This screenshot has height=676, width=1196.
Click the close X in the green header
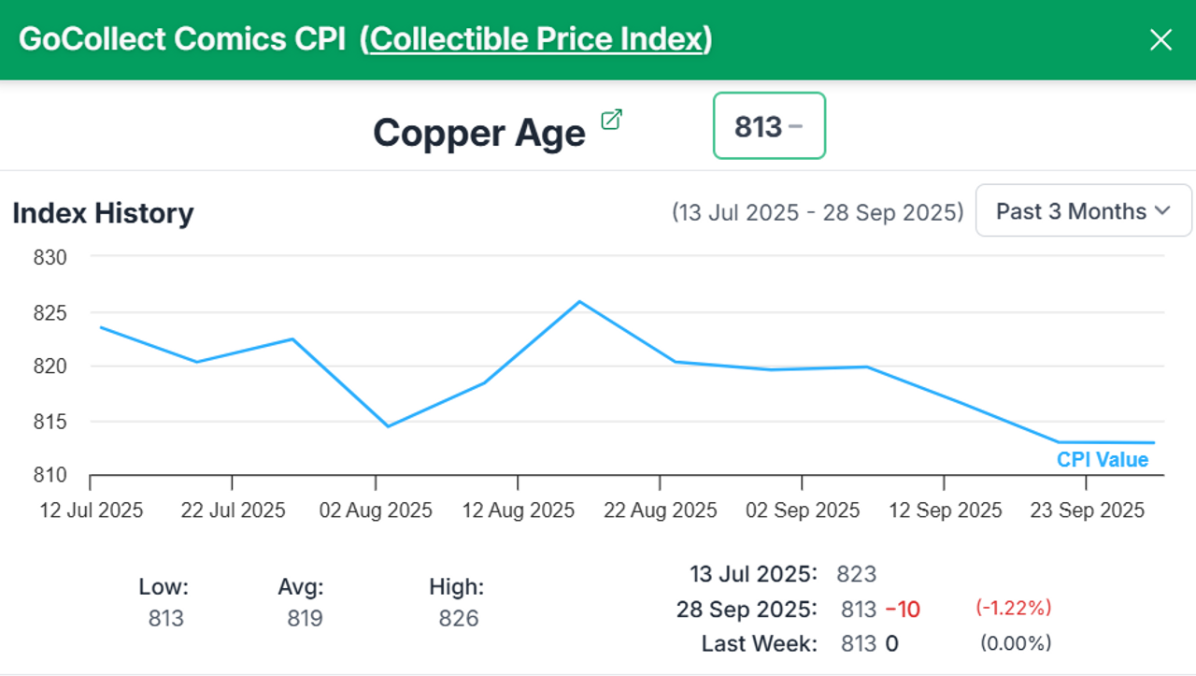1160,40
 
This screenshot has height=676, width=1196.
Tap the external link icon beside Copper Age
611,120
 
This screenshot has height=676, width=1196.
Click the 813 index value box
769,126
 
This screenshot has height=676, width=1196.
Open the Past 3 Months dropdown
1083,211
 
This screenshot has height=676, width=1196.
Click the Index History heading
103,213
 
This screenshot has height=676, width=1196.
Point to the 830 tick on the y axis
50,257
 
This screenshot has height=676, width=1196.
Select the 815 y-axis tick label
50,422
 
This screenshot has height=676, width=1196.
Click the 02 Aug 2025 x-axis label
376,511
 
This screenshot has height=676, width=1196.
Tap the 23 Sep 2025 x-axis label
1087,511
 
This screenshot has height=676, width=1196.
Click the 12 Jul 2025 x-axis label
91,511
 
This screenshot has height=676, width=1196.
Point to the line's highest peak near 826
579,301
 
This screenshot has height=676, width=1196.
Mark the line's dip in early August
388,426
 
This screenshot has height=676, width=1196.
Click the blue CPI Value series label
1103,460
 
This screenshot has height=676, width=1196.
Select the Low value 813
166,618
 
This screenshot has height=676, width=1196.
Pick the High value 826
458,618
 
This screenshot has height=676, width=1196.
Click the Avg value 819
305,618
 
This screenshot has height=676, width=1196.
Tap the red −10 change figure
902,610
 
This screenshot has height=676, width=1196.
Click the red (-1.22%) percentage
1014,608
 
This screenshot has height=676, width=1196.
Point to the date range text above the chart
818,212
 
